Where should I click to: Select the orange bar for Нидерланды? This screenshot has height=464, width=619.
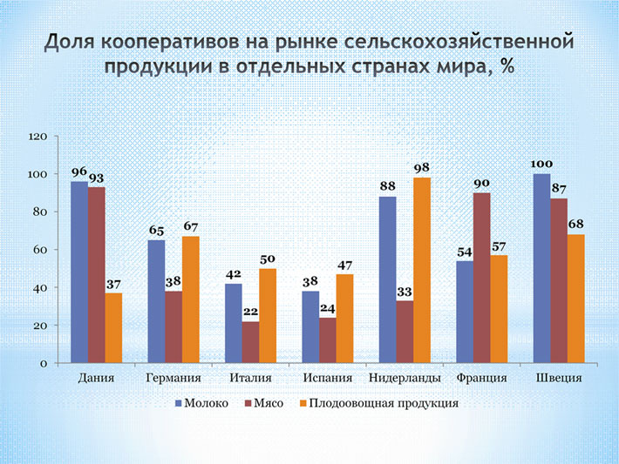[x=422, y=270]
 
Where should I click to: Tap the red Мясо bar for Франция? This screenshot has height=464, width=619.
[x=481, y=278]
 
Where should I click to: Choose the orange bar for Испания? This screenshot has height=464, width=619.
[x=344, y=319]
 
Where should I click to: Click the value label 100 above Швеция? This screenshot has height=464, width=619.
[x=541, y=163]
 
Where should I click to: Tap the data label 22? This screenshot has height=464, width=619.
[x=250, y=311]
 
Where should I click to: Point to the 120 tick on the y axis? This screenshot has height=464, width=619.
[x=38, y=137]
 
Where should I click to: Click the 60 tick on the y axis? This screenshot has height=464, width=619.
[x=41, y=250]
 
